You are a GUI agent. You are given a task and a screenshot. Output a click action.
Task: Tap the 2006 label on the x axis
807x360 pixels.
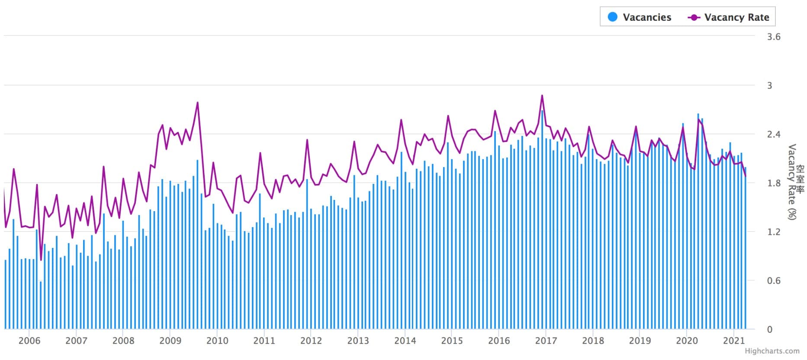29,341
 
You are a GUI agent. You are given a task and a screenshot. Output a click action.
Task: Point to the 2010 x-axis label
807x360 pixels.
217,341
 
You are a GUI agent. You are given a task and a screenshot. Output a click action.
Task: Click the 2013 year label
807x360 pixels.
358,341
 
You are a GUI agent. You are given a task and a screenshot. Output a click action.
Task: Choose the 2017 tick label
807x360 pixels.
546,341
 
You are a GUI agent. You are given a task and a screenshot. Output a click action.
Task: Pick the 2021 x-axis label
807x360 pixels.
734,341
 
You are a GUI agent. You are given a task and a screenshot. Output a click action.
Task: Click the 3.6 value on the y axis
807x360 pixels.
774,37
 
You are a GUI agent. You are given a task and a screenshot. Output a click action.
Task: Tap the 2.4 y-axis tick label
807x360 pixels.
774,135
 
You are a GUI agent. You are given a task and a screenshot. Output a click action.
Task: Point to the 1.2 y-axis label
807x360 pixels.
774,232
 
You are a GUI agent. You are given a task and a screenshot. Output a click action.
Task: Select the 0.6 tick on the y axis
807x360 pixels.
774,281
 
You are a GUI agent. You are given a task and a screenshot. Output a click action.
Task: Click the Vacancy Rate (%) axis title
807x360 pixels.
792,182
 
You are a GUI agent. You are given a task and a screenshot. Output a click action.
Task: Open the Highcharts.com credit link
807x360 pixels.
772,351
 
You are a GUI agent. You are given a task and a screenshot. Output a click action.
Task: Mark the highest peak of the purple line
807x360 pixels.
542,96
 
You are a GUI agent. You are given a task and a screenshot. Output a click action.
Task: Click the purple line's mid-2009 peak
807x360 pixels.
197,103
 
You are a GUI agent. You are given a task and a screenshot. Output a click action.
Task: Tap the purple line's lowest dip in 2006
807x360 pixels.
41,260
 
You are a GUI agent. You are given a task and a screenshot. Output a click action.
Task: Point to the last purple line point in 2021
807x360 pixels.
746,176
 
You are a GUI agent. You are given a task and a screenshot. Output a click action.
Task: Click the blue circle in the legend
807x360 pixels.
613,17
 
